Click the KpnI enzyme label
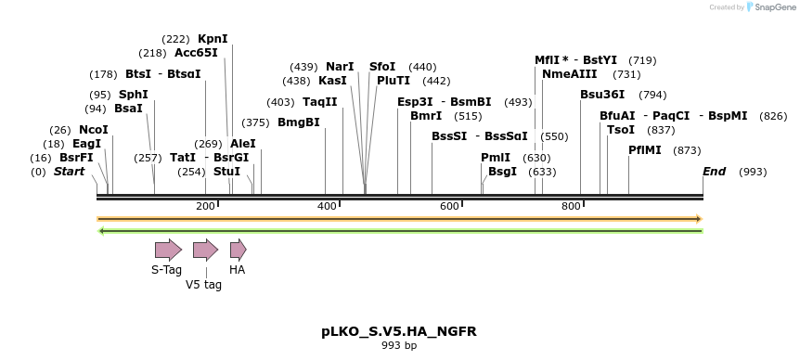[x=213, y=39]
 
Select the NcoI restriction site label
[x=94, y=130]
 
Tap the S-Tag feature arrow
[x=168, y=250]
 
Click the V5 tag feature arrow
[x=205, y=250]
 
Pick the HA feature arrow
[x=238, y=250]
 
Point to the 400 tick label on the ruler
[x=327, y=205]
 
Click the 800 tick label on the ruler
[x=570, y=205]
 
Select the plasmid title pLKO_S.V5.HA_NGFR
[x=399, y=331]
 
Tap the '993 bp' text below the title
[x=399, y=346]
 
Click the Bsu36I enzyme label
[x=602, y=95]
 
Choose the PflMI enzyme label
[x=645, y=150]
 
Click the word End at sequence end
[x=714, y=172]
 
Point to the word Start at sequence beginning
[x=69, y=172]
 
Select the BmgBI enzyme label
[x=298, y=122]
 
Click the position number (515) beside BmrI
[x=469, y=116]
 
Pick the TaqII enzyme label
[x=320, y=102]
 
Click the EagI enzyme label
[x=86, y=144]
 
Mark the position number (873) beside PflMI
[x=687, y=150]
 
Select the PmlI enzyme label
[x=496, y=158]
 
